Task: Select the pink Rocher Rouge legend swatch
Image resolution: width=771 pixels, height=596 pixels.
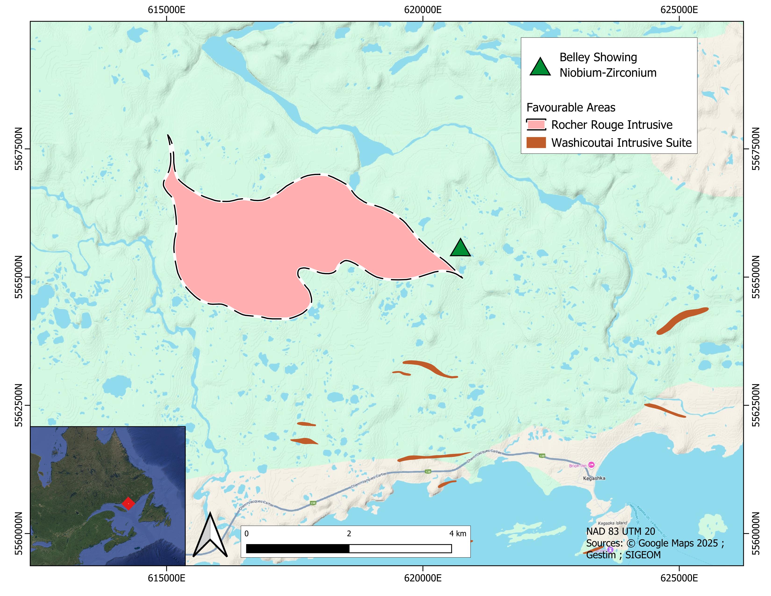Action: tap(536, 125)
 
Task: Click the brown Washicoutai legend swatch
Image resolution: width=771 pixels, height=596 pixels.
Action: tap(536, 143)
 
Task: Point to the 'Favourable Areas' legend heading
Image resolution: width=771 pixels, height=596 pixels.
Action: tap(571, 107)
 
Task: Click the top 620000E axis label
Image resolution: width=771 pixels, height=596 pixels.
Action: tap(423, 10)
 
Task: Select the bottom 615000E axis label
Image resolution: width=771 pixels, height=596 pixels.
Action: tap(166, 578)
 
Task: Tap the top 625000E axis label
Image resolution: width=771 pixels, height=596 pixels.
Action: tap(679, 10)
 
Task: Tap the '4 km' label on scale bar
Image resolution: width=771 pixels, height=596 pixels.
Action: tap(457, 534)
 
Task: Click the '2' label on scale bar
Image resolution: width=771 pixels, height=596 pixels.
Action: tap(349, 534)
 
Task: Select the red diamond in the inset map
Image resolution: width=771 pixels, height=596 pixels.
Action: tap(128, 503)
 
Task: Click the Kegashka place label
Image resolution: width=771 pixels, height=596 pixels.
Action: tap(594, 478)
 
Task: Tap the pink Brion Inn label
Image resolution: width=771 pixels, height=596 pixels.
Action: tap(578, 466)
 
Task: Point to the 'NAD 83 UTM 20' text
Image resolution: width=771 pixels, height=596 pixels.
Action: tap(620, 531)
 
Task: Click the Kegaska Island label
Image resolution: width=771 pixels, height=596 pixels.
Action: tap(613, 523)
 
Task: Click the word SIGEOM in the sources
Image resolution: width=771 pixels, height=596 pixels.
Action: tap(643, 555)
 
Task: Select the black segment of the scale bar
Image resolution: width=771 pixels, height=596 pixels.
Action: tap(298, 548)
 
